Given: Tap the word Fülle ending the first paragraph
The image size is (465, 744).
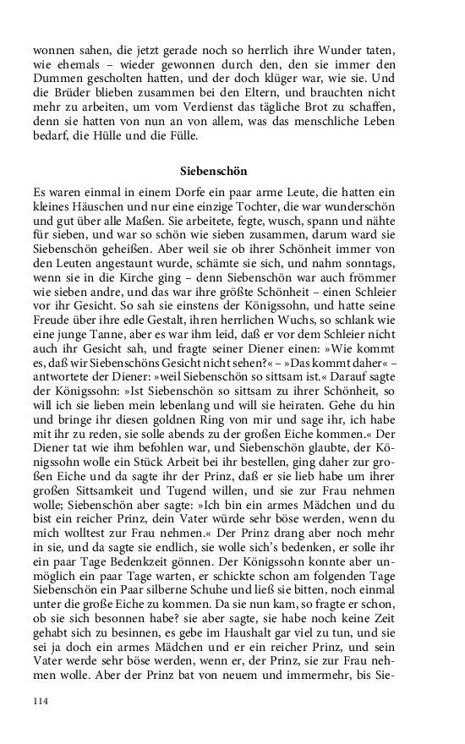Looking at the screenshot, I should [179, 135].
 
